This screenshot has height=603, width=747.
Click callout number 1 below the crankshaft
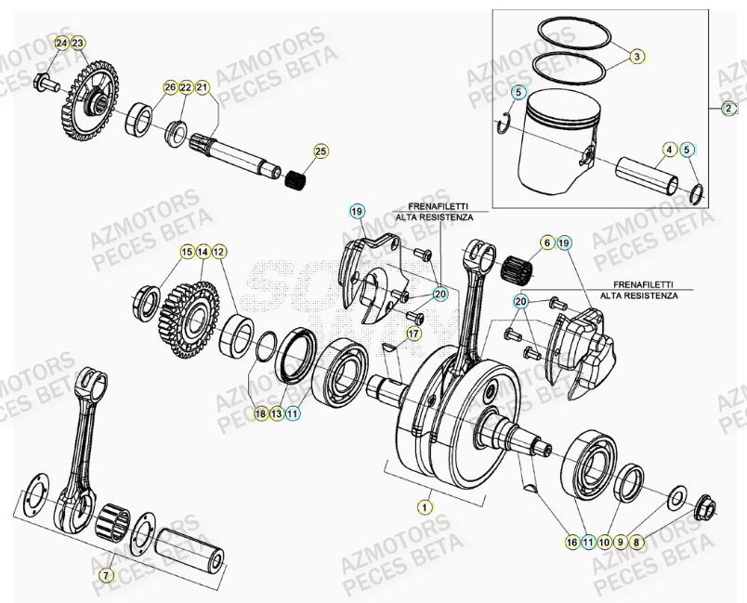coord(425,507)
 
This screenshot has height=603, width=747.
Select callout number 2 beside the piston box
coord(728,109)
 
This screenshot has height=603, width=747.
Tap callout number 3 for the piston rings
coord(636,58)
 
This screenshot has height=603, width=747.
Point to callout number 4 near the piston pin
coord(669,150)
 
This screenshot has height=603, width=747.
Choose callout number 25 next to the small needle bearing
coord(321,151)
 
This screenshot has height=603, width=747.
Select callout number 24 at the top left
coord(61,44)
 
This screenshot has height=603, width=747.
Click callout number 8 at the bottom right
coord(636,541)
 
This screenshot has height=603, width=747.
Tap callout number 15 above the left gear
coord(187,252)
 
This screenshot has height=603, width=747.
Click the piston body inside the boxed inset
coord(557,135)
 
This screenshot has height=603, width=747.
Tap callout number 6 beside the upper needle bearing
coord(548,243)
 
